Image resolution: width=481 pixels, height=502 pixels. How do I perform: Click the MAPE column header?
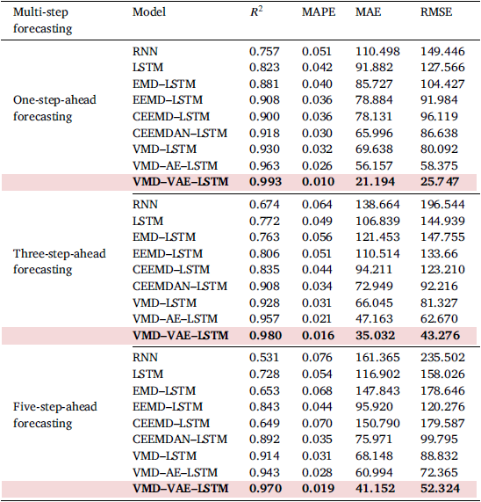tap(319, 12)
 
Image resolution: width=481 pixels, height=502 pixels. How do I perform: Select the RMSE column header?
tap(436, 12)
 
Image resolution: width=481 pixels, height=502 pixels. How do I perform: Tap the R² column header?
tap(256, 11)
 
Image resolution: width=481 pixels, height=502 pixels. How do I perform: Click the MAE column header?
tap(368, 12)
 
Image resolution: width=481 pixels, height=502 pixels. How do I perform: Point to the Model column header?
tap(149, 12)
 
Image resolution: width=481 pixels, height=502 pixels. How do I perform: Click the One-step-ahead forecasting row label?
tap(54, 108)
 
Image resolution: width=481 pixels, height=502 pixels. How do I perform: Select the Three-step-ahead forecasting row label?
tap(60, 261)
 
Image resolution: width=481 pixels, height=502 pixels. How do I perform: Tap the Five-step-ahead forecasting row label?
tap(55, 415)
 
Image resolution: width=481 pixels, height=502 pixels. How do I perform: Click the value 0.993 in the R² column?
tap(265, 182)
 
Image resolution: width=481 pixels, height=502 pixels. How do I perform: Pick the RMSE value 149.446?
tap(442, 52)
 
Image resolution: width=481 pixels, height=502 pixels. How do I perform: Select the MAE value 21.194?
tap(375, 182)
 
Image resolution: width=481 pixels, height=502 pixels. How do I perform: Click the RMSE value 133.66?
tap(439, 253)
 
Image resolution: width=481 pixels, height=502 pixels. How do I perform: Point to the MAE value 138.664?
tap(377, 205)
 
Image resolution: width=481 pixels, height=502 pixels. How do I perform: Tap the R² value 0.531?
tap(264, 358)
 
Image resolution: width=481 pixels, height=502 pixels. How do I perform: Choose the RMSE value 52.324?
tap(440, 489)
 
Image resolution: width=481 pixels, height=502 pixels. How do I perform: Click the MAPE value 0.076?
tap(317, 358)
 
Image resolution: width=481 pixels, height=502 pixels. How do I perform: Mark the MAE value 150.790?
tap(377, 423)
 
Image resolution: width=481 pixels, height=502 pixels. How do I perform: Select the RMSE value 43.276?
tap(440, 336)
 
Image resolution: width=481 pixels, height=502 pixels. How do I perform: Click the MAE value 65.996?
tap(374, 133)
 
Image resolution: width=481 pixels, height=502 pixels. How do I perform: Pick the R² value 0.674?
tap(264, 205)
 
